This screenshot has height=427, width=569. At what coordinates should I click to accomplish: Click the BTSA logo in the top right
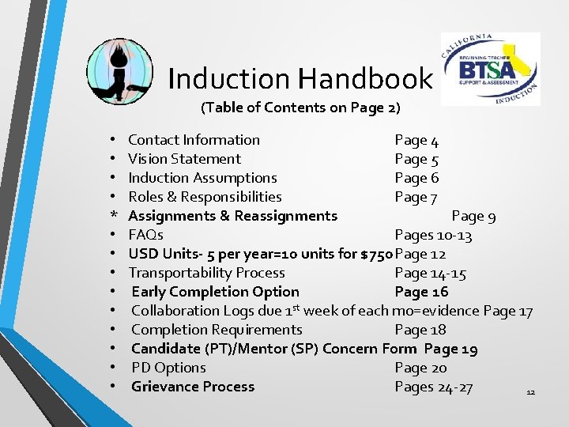pyautogui.click(x=490, y=69)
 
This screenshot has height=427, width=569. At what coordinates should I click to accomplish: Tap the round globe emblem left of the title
pyautogui.click(x=119, y=71)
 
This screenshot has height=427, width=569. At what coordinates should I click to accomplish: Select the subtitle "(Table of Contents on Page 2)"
pyautogui.click(x=300, y=107)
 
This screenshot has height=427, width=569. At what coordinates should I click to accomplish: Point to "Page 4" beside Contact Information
pyautogui.click(x=416, y=140)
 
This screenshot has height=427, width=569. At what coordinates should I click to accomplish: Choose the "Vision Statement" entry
pyautogui.click(x=184, y=159)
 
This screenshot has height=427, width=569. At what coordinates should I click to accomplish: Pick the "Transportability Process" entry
pyautogui.click(x=206, y=273)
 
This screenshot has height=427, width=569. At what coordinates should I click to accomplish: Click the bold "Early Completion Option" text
pyautogui.click(x=215, y=292)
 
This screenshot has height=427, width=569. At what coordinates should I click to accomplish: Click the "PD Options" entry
pyautogui.click(x=168, y=368)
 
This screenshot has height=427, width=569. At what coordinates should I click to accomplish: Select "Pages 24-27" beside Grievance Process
pyautogui.click(x=433, y=387)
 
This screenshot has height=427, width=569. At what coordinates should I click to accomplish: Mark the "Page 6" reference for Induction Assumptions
pyautogui.click(x=416, y=178)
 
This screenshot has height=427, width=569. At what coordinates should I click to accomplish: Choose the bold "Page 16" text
pyautogui.click(x=421, y=292)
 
